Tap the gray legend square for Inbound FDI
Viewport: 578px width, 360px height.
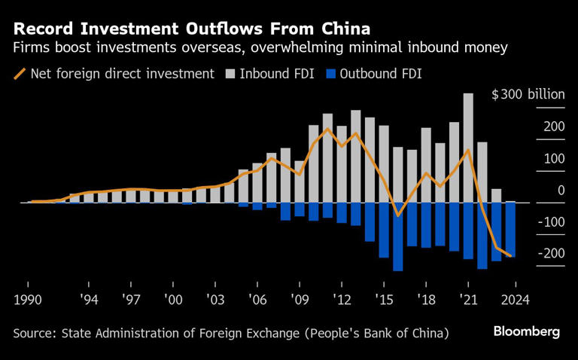click(x=231, y=74)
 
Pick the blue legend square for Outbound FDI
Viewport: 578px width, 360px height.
click(x=329, y=74)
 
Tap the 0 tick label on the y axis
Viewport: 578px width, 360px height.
click(x=561, y=191)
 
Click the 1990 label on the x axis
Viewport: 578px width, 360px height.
click(x=29, y=299)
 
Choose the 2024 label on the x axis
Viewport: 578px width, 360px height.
click(x=516, y=299)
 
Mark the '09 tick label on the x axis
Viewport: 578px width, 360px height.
click(x=300, y=299)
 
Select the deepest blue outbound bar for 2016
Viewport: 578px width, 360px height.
click(x=397, y=236)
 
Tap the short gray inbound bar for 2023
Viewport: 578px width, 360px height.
click(x=496, y=196)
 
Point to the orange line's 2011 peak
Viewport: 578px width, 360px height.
click(x=327, y=129)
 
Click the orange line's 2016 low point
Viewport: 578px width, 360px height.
click(x=397, y=215)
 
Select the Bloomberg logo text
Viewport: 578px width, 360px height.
click(x=527, y=331)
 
